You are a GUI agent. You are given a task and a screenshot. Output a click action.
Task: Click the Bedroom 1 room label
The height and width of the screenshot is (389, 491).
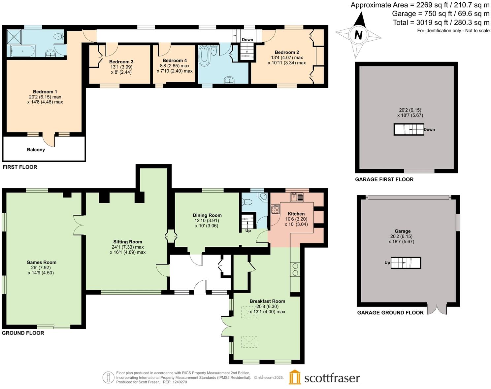click(x=45, y=91)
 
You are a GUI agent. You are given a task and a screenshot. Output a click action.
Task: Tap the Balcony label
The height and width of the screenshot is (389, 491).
click(x=36, y=150)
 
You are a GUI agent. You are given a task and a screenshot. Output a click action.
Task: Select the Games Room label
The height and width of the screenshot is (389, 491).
click(x=41, y=262)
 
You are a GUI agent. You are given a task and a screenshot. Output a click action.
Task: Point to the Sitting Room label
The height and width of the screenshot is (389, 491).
click(x=128, y=242)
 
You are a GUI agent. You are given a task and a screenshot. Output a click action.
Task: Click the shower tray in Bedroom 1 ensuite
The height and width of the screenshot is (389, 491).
click(x=14, y=37)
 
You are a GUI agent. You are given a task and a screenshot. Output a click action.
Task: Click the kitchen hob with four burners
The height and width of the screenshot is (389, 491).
click(x=276, y=209)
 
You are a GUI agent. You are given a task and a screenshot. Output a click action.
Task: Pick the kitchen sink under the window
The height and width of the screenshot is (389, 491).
click(x=297, y=197)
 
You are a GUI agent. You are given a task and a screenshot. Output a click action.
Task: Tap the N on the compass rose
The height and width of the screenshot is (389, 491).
click(x=358, y=35)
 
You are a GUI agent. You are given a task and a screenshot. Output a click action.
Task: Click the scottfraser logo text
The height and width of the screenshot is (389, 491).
click(x=332, y=378)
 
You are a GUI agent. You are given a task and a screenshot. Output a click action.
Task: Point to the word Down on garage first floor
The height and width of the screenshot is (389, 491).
click(x=429, y=129)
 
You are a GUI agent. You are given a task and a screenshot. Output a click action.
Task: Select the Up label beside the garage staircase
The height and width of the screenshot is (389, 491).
click(x=387, y=263)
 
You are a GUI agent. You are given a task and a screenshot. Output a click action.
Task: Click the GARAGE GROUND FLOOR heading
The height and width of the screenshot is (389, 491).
click(x=390, y=312)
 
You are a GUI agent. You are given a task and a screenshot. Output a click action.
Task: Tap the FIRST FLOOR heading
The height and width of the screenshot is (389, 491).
click(x=20, y=167)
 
